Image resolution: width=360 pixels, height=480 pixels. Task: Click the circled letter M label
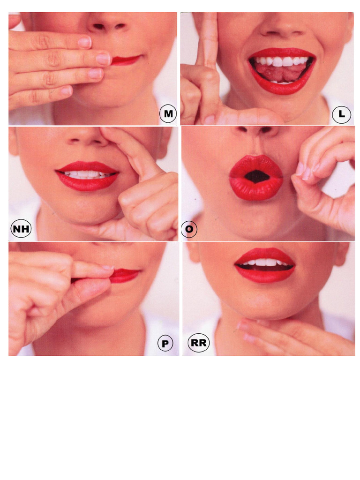coord(168,113)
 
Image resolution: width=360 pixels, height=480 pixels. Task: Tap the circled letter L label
coord(341,114)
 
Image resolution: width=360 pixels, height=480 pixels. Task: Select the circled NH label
coord(21,229)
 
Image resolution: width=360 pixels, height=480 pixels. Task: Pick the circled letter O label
coord(189,229)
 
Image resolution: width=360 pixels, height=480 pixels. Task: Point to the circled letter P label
coord(165,344)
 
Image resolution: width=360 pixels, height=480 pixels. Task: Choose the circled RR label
coord(199,343)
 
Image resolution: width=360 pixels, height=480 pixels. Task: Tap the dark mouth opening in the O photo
coord(256,176)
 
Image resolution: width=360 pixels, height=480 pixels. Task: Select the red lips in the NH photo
coord(87,176)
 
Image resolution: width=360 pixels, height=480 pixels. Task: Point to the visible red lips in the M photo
coord(126,60)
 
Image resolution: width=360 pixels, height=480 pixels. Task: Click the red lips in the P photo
coord(125,276)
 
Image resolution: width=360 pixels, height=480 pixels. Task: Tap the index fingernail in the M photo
coord(85,42)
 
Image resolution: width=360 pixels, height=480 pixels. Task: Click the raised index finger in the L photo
coord(208,43)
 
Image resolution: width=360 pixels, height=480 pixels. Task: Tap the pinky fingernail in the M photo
coord(67,90)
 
